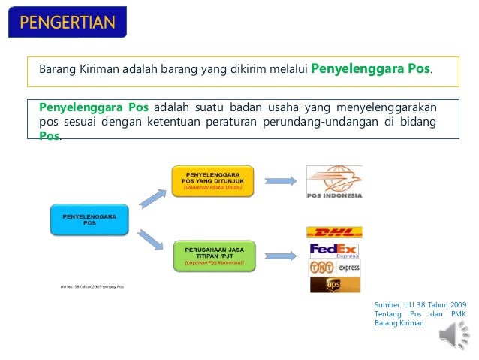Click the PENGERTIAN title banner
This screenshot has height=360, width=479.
tap(67, 21)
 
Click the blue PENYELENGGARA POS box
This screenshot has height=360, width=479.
tap(89, 219)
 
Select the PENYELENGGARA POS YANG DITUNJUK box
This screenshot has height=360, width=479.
tap(214, 180)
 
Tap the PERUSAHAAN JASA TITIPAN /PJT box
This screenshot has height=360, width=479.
tap(215, 255)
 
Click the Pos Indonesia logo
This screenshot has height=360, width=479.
tap(334, 182)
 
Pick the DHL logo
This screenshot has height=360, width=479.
tap(334, 233)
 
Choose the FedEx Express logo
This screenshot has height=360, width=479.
tap(334, 250)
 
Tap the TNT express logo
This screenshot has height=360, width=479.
tap(334, 266)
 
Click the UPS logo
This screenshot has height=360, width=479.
tap(334, 284)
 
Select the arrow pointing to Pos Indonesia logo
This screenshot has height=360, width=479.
tap(280, 181)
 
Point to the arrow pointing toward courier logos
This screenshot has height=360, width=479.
tap(280, 256)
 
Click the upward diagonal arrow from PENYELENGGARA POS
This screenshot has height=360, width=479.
tap(151, 198)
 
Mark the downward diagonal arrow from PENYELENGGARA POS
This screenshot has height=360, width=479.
tap(151, 239)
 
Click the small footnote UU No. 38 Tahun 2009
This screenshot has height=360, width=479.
tap(92, 286)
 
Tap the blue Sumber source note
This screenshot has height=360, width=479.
tap(420, 312)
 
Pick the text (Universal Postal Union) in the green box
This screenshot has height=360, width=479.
tap(214, 188)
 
